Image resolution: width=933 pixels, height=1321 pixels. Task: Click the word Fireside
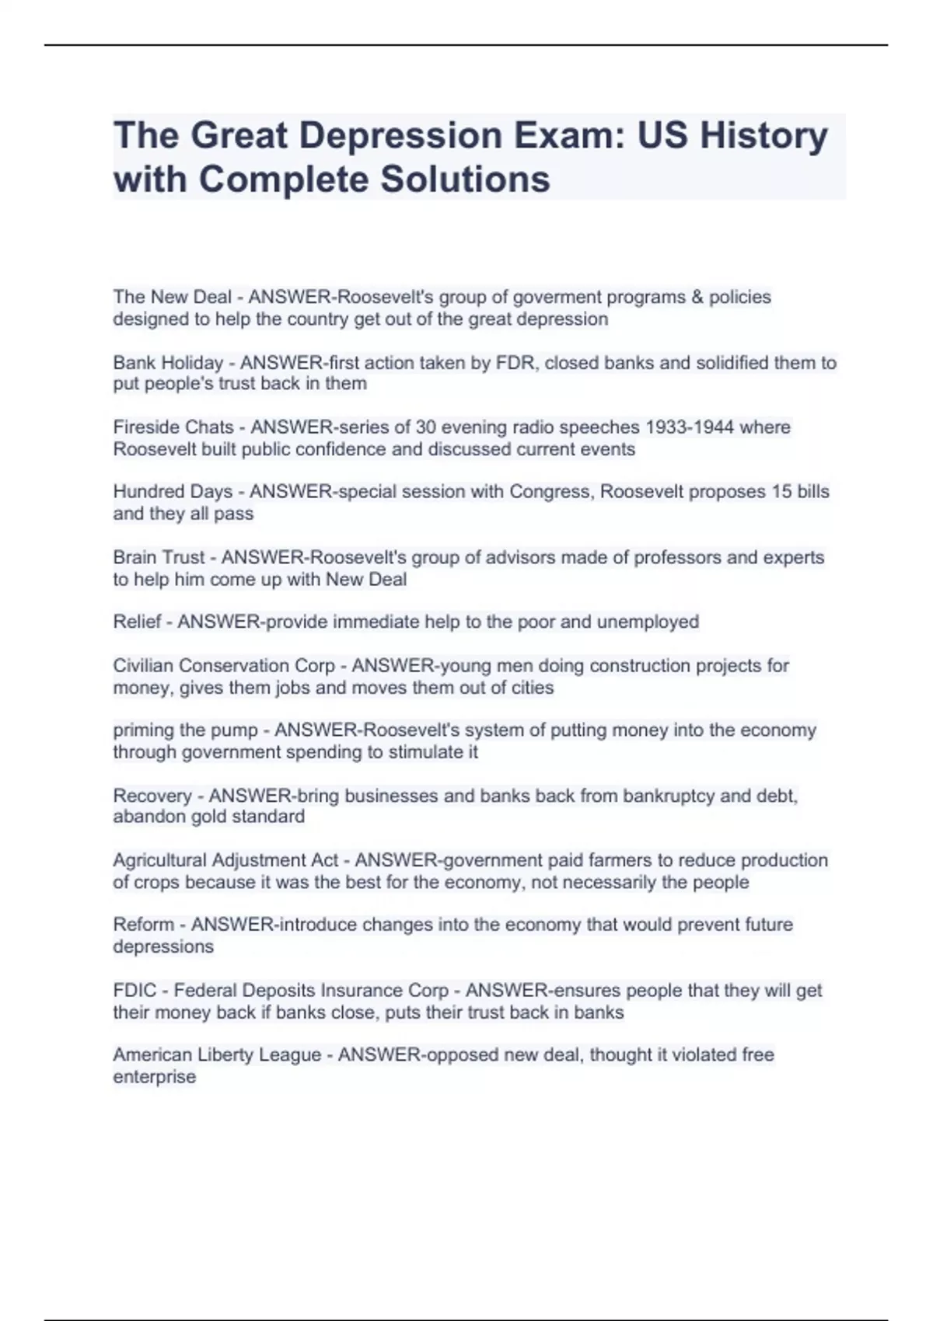(145, 427)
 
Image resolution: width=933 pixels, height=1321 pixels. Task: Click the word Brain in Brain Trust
(134, 557)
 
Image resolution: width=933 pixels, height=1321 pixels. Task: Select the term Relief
(137, 622)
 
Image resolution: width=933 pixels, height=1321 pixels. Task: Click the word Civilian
(143, 666)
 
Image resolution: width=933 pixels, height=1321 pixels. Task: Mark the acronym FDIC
(135, 991)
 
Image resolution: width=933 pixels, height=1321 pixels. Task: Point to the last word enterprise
(154, 1077)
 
